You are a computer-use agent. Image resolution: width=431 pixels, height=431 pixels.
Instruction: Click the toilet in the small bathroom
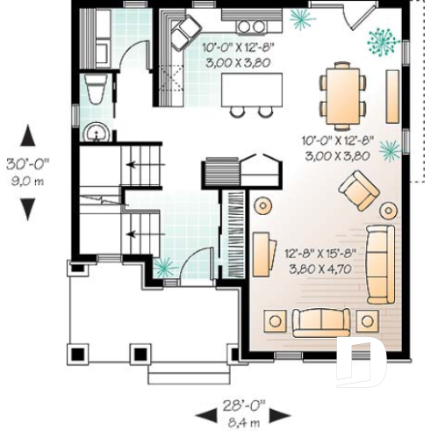click(x=95, y=90)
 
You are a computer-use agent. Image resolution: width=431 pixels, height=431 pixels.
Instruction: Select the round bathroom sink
click(x=96, y=133)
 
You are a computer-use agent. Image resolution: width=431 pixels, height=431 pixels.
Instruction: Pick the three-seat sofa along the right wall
click(x=377, y=263)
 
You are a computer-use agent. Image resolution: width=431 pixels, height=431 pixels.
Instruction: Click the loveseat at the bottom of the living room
click(x=321, y=322)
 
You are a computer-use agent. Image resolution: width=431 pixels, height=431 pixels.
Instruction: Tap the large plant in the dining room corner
click(x=383, y=39)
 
